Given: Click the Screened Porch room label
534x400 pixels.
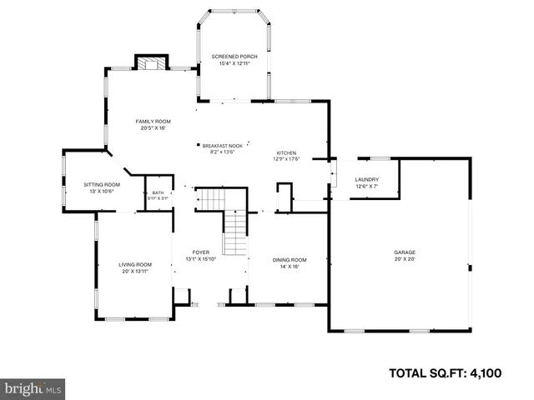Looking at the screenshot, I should pyautogui.click(x=234, y=56).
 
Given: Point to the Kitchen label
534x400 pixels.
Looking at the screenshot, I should pyautogui.click(x=286, y=153).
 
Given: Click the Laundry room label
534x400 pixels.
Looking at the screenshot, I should pyautogui.click(x=367, y=179).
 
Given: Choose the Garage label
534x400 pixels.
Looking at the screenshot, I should pyautogui.click(x=405, y=252).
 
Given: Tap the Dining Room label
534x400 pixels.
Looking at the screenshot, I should pyautogui.click(x=285, y=260).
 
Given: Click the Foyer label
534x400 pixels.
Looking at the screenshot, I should pyautogui.click(x=201, y=252).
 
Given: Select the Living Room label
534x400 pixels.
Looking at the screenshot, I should pyautogui.click(x=134, y=265).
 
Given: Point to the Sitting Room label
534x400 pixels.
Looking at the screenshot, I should pyautogui.click(x=101, y=184).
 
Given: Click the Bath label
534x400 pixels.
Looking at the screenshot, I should pyautogui.click(x=158, y=192).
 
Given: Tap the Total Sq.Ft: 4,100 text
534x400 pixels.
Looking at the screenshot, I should pyautogui.click(x=445, y=372).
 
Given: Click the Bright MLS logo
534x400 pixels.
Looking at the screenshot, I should pyautogui.click(x=33, y=388).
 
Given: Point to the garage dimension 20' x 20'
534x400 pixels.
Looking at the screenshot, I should pyautogui.click(x=405, y=259).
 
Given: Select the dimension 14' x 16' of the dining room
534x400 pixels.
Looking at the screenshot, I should pyautogui.click(x=285, y=267).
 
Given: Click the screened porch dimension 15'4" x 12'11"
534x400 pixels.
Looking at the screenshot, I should pyautogui.click(x=234, y=63).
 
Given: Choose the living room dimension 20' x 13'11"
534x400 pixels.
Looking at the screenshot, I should pyautogui.click(x=134, y=272).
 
